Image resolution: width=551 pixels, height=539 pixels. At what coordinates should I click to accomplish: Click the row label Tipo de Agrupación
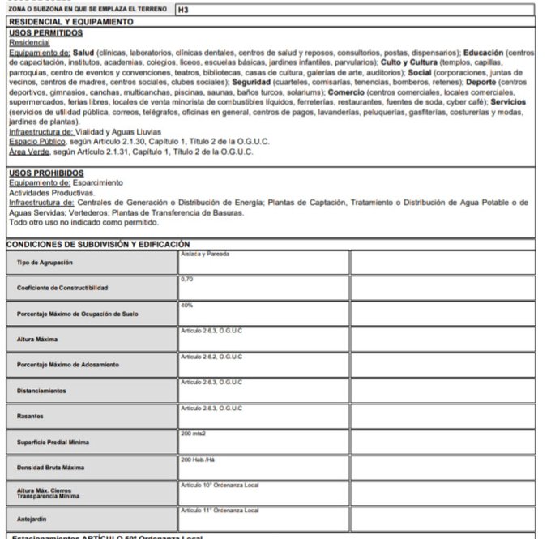[x=45, y=263]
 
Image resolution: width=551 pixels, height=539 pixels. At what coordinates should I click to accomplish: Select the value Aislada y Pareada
[x=205, y=255]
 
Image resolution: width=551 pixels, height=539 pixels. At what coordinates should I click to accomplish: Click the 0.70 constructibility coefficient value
[x=187, y=280]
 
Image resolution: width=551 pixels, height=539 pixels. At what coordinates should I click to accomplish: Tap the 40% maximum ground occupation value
[x=186, y=306]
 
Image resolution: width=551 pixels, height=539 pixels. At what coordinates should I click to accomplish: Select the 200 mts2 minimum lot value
[x=194, y=434]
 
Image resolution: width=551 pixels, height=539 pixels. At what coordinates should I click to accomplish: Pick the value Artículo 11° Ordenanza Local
[x=220, y=510]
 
